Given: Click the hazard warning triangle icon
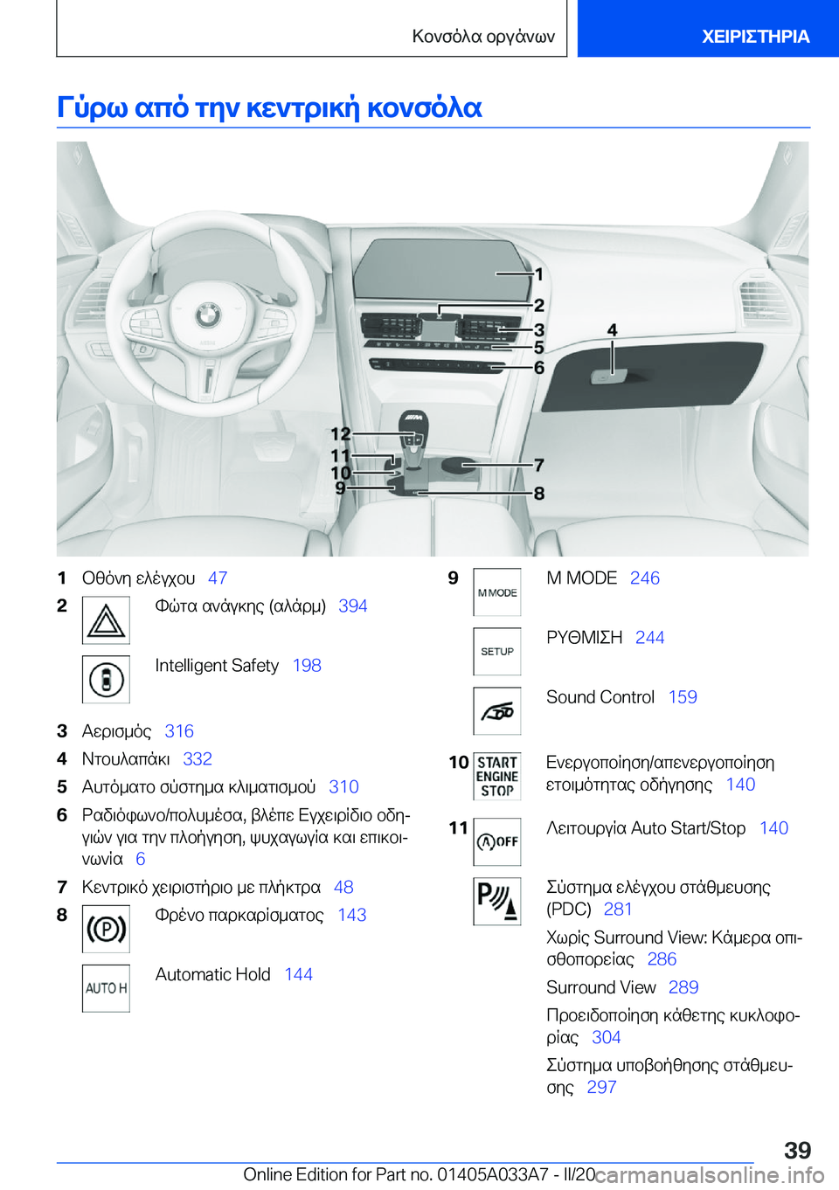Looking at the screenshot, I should tap(106, 620).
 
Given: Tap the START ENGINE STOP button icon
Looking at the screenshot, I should tap(497, 777).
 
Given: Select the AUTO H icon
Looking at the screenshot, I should tap(106, 988).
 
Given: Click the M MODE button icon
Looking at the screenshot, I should tap(497, 592).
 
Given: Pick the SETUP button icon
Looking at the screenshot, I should tap(497, 652).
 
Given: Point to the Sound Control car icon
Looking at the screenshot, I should tap(497, 711).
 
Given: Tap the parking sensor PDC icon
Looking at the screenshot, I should tap(497, 901).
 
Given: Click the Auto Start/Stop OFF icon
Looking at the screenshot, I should tap(497, 841).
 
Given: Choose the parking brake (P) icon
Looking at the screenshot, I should tap(106, 929).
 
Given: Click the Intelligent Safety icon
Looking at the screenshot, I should tap(106, 680).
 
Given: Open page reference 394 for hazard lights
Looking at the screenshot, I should tap(353, 606).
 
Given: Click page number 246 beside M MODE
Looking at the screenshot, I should tap(645, 578).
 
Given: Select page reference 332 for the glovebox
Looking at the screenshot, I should tap(198, 759).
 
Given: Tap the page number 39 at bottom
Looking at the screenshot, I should tap(797, 1150).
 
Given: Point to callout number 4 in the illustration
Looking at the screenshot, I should tap(613, 330).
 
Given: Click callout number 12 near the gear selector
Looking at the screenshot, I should tap(340, 433).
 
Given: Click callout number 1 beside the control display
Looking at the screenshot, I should tap(539, 275).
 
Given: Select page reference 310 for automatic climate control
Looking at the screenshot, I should tap(343, 787).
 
